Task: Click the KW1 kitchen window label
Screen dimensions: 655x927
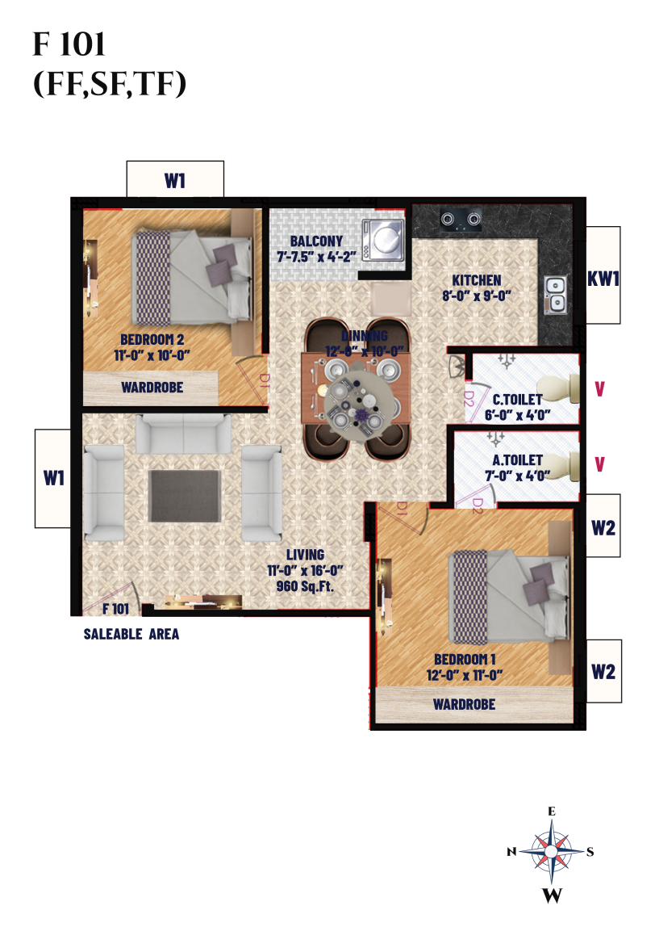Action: coord(603,279)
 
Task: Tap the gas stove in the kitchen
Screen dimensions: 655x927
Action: coord(461,220)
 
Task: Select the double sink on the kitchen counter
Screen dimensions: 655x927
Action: coord(555,295)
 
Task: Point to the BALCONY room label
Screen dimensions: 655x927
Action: coord(316,241)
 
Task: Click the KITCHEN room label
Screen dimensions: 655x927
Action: coord(477,280)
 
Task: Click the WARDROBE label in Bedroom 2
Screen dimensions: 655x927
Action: coord(152,388)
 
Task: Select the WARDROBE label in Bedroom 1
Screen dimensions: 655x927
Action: coord(465,704)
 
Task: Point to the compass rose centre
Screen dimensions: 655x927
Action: coord(551,851)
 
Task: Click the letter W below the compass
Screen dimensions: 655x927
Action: coord(553,896)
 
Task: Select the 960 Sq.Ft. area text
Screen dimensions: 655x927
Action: coord(305,586)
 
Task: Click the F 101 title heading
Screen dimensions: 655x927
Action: coord(69,44)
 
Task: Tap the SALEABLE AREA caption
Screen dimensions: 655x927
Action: coord(131,635)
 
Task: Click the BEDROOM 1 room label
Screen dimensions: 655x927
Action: coord(465,659)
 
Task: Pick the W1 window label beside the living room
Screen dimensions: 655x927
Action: coord(54,478)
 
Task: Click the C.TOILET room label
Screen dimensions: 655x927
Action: coord(517,400)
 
